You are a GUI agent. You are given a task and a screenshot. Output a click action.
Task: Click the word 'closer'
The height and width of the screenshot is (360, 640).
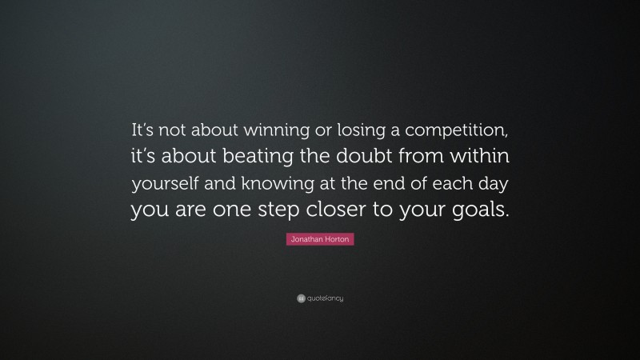coord(346,210)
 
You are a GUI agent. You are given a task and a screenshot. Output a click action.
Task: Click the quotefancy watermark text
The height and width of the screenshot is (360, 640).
coord(325,298)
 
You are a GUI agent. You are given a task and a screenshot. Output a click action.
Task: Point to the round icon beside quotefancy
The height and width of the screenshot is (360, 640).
coord(301,298)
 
